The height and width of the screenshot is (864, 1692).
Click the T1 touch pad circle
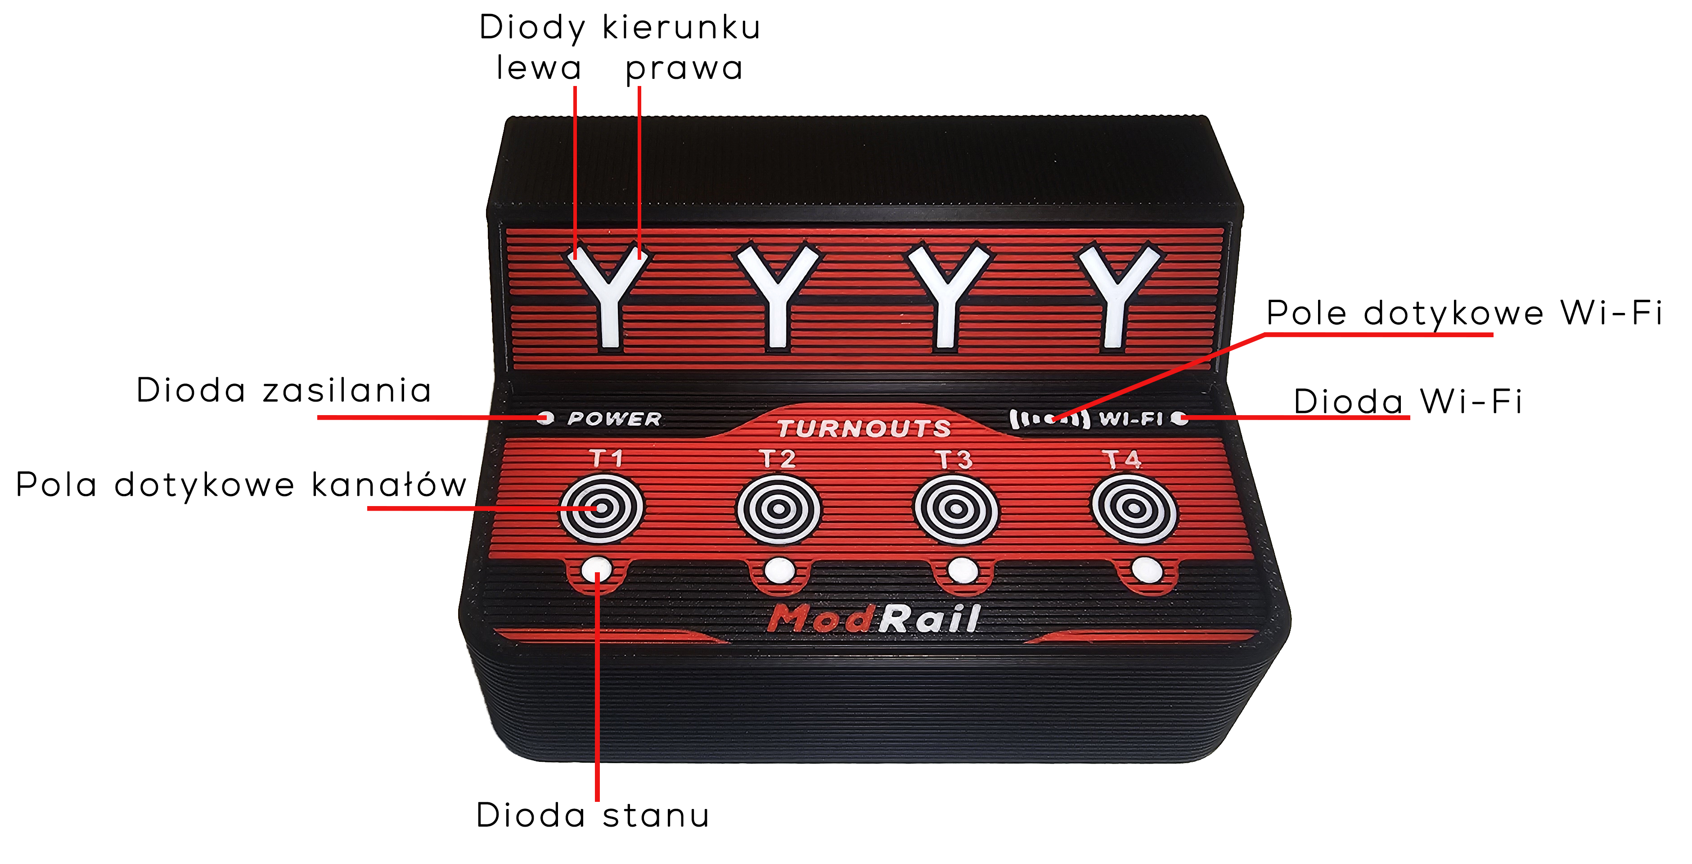coord(602,509)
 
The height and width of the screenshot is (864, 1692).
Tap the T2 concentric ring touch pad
coord(778,509)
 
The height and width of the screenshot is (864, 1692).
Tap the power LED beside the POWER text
coord(545,418)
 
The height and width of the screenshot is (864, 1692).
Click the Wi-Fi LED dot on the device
coord(1180,418)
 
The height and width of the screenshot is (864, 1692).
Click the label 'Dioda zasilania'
coord(284,390)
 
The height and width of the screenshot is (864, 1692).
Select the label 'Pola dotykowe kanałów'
coord(241,485)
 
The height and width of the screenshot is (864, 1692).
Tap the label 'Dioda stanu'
coord(593,815)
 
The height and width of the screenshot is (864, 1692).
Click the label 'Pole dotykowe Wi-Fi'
coord(1464,313)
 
